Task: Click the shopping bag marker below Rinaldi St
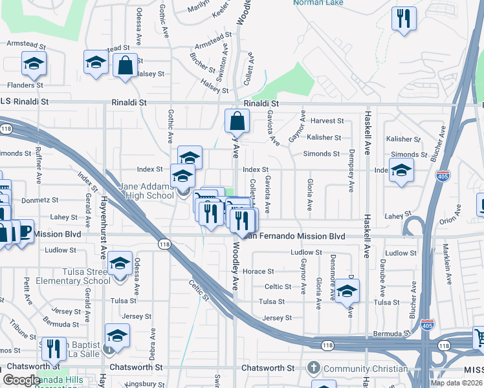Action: (237, 121)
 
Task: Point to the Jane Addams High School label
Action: (146, 191)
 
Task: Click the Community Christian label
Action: (366, 369)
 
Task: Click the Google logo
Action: (21, 380)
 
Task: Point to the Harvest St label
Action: (326, 121)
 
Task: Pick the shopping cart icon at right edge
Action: (478, 338)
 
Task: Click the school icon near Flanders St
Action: (33, 64)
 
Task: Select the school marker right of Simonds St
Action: (402, 171)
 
